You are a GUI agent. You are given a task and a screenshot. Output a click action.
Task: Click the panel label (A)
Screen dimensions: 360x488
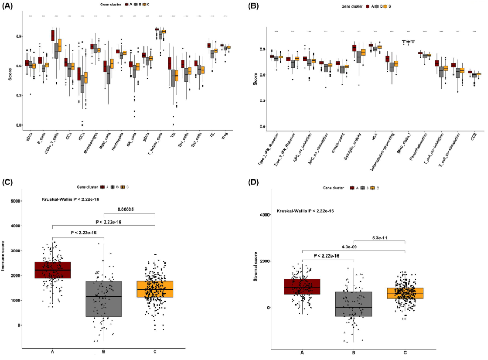[x=11, y=6]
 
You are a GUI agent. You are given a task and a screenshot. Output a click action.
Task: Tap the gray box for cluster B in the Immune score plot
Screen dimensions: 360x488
[x=104, y=299]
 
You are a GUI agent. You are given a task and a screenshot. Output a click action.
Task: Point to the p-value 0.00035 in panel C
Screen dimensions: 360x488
[x=129, y=210]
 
